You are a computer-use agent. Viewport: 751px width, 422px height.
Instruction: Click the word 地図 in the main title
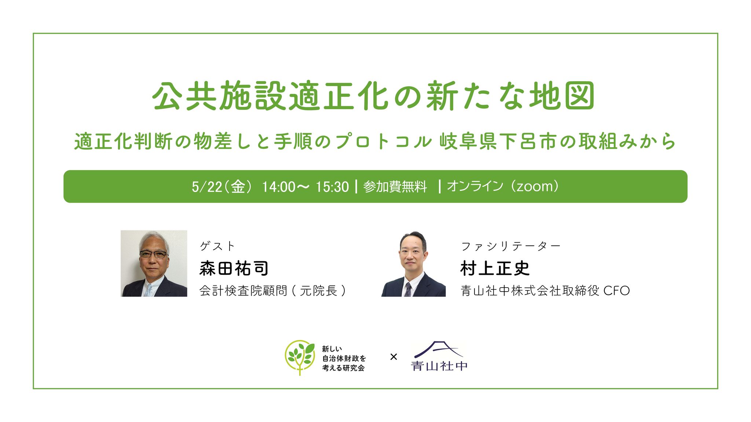click(x=561, y=96)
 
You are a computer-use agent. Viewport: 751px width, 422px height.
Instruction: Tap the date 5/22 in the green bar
click(x=207, y=187)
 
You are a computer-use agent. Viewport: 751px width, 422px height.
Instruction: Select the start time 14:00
click(x=278, y=187)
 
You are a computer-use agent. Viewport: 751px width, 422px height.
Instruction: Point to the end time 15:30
click(x=332, y=187)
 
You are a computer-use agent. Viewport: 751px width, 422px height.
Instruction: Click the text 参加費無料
click(x=395, y=187)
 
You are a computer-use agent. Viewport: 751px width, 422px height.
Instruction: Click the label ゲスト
click(x=217, y=246)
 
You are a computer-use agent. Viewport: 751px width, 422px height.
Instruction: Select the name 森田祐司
click(x=234, y=269)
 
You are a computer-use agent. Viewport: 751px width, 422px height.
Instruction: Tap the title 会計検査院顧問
click(x=243, y=291)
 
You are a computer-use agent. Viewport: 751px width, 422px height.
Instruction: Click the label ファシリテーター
click(x=510, y=246)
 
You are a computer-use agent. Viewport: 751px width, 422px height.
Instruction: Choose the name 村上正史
click(x=495, y=269)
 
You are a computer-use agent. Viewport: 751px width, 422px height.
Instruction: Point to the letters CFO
click(x=616, y=291)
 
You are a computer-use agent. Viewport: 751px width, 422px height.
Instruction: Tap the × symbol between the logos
click(x=393, y=356)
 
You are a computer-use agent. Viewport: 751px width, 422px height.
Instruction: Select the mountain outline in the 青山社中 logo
click(x=439, y=349)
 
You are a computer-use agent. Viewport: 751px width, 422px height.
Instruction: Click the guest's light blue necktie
click(x=149, y=290)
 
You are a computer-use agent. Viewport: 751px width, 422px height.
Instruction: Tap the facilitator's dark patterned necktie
click(x=408, y=289)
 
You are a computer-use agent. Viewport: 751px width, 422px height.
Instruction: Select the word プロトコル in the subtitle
click(x=383, y=142)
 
